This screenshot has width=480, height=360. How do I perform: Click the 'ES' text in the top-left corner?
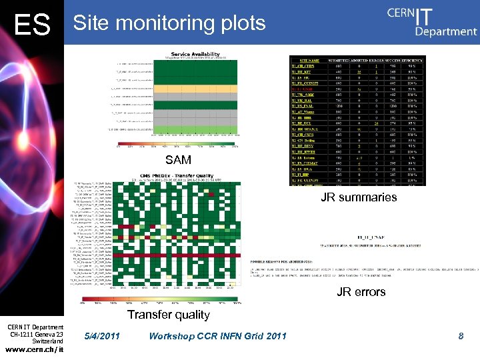32,25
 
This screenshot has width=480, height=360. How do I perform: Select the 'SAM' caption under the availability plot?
178,159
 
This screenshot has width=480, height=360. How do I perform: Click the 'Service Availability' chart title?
195,53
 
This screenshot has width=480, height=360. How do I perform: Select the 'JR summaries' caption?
359,197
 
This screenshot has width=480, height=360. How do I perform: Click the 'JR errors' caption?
361,291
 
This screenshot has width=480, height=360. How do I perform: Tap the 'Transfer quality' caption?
169,314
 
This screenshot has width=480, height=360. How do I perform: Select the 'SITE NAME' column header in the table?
304,59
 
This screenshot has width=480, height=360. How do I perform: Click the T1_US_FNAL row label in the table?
303,107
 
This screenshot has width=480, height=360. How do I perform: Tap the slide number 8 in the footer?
461,336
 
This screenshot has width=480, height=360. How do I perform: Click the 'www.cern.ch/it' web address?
33,349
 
